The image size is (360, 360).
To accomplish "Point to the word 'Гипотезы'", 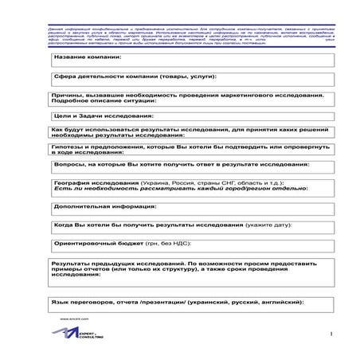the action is (67, 147).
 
